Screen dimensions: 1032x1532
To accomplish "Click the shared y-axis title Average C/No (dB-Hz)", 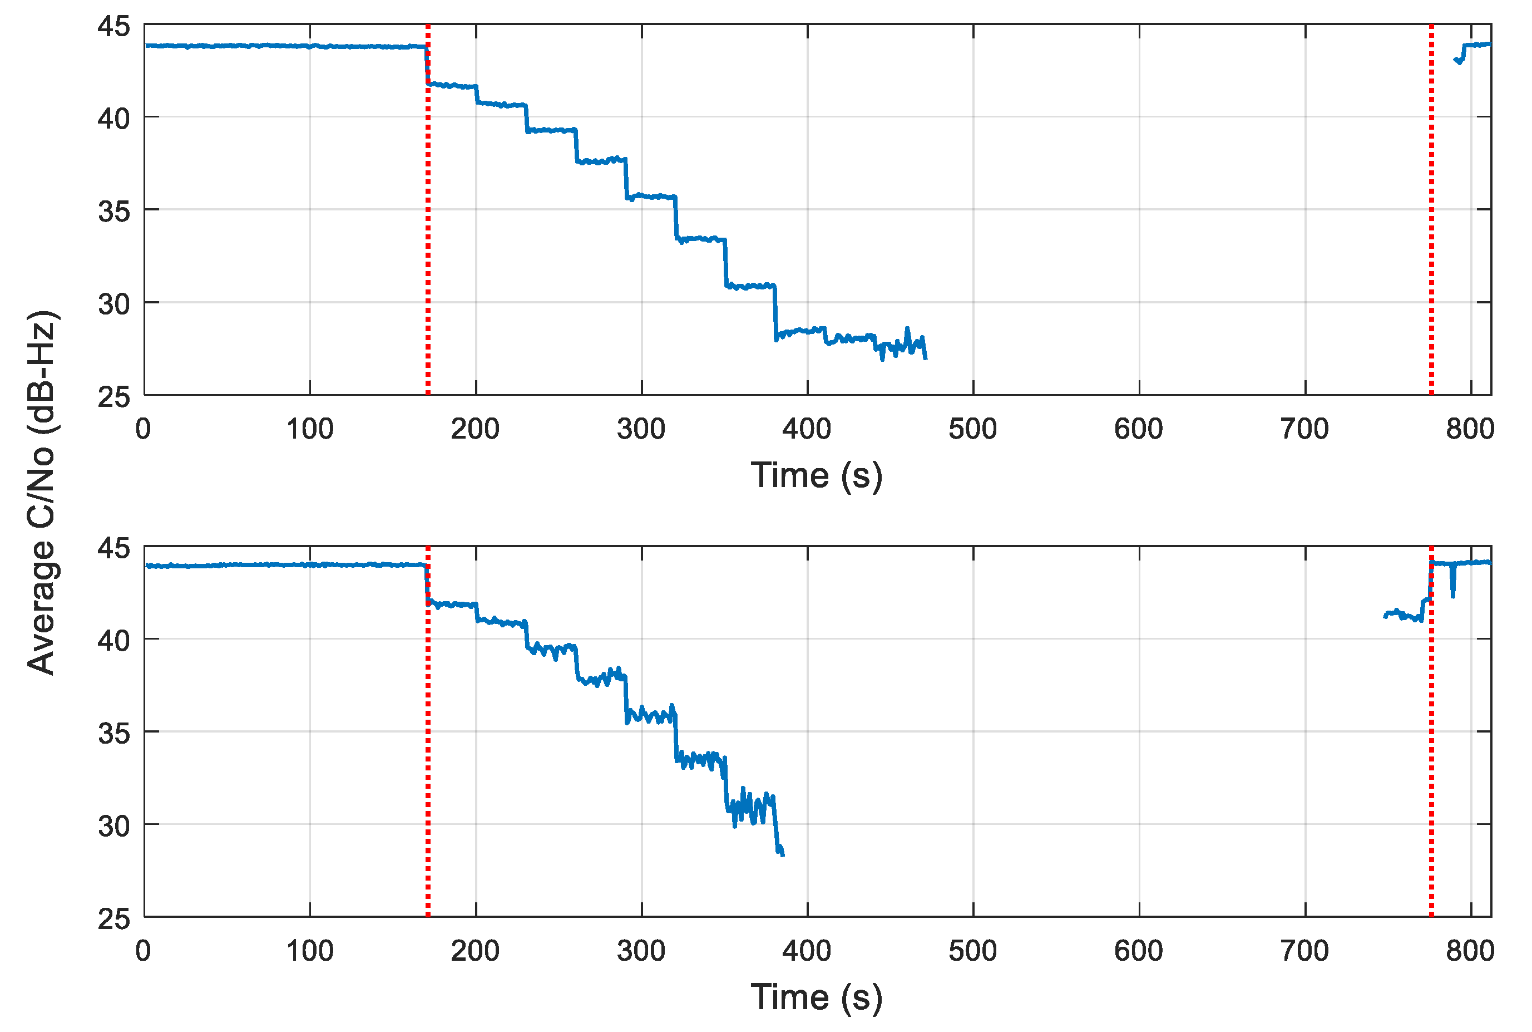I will point(41,492).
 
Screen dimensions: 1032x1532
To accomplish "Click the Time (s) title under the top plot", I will point(816,475).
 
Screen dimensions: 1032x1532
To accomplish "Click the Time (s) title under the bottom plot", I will point(816,996).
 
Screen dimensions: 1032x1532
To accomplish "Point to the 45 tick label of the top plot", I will point(114,26).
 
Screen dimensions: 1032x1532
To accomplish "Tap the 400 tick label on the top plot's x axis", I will point(807,430).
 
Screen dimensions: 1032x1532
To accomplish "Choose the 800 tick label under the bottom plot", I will point(1470,951).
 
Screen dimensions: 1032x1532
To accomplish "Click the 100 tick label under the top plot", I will point(310,430).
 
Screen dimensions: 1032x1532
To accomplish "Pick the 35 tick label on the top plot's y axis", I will point(114,212).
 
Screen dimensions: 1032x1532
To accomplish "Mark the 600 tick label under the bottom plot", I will point(1139,951).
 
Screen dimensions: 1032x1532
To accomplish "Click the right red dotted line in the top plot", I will point(1431,210).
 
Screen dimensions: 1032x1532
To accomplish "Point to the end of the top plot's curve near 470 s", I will point(926,357).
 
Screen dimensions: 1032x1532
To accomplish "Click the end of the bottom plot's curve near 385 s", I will point(782,854).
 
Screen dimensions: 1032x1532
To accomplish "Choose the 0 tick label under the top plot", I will point(144,430).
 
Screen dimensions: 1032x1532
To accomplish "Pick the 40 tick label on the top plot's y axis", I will point(114,119).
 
